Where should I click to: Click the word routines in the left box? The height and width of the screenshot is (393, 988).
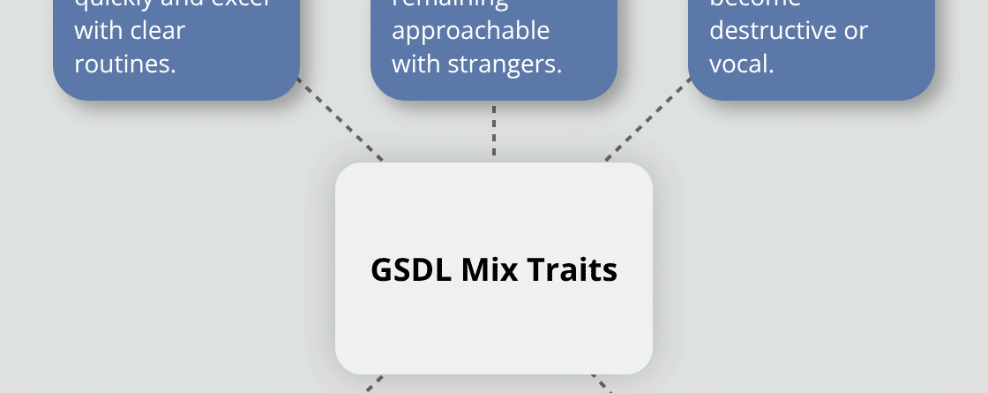(123, 64)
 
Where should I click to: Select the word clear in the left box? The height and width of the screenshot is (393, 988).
(148, 31)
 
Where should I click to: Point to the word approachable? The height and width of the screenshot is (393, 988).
(470, 31)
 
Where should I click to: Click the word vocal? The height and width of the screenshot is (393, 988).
(741, 64)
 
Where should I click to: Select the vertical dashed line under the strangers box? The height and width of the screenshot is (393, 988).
(494, 131)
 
